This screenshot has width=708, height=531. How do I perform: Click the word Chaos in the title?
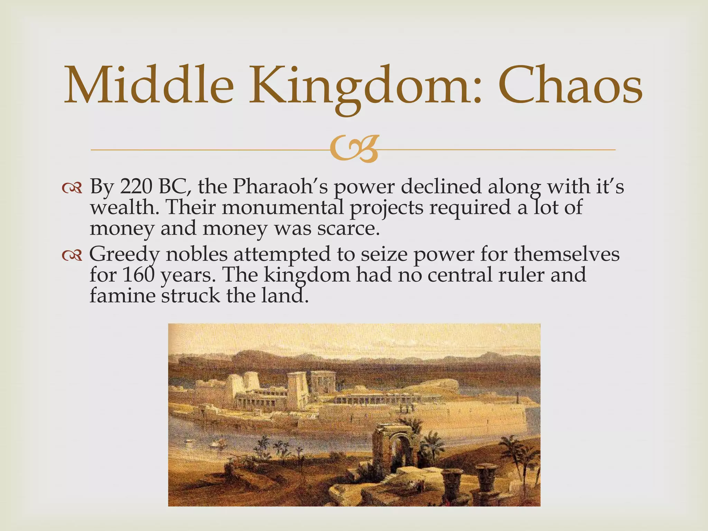pos(570,86)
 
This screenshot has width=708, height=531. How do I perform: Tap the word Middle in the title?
pos(149,86)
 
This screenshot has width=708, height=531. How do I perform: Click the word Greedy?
pos(124,254)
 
